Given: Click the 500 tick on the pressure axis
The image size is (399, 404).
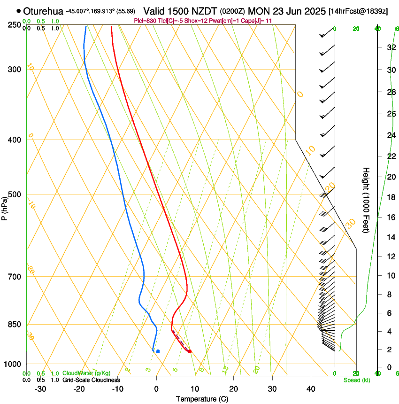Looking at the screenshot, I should coord(15,194).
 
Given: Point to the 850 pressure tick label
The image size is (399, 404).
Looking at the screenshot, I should coord(15,325).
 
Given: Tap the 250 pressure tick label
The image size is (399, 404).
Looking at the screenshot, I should coord(15,25).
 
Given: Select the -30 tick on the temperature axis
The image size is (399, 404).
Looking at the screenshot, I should coord(40,388).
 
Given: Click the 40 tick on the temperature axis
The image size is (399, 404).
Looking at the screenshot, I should coord(311,388).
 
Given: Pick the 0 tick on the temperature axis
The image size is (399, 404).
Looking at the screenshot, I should coord(156,388).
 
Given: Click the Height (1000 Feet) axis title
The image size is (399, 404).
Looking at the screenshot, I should coord(367,200).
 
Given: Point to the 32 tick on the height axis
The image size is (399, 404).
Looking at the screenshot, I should coord(391,47).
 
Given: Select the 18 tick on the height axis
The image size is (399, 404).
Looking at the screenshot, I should coord(391,197).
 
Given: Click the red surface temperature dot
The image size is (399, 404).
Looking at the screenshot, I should coord(190,351).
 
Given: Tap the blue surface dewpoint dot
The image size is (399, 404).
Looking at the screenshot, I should coord(158,351).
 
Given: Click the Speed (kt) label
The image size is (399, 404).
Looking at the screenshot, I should coord(356,380).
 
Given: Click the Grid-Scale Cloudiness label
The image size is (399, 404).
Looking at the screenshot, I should coord(91,380).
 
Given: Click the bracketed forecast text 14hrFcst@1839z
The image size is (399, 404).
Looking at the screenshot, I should coord(358,11).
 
